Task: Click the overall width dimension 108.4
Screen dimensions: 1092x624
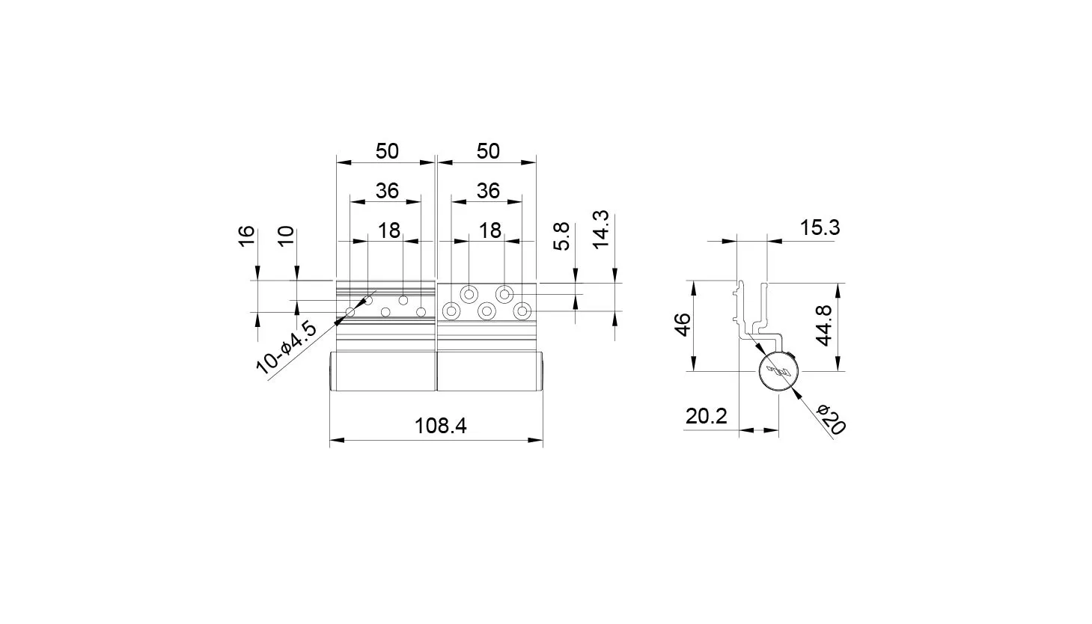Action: click(x=440, y=426)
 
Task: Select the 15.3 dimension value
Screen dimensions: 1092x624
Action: click(x=820, y=227)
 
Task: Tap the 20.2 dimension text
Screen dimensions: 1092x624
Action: click(x=706, y=416)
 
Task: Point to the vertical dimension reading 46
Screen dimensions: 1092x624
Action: click(x=683, y=325)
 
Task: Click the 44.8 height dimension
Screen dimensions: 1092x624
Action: click(x=824, y=325)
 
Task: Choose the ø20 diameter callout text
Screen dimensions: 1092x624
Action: click(x=831, y=419)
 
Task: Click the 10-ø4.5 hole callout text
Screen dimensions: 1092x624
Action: click(x=286, y=348)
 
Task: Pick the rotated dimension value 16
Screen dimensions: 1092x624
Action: click(x=247, y=236)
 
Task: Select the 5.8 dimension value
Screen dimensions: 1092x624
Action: click(x=561, y=236)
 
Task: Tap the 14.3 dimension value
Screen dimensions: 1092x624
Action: click(x=602, y=229)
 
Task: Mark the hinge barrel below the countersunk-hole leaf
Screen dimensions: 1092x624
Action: click(x=490, y=371)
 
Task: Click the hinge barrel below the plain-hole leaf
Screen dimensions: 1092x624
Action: click(x=382, y=371)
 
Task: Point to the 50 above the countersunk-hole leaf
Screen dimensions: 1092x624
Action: click(x=488, y=151)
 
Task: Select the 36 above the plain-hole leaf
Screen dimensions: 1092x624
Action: click(x=387, y=191)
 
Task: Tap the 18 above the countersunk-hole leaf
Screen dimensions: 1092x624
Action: click(x=490, y=230)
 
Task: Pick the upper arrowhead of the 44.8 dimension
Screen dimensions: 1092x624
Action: click(x=838, y=290)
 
